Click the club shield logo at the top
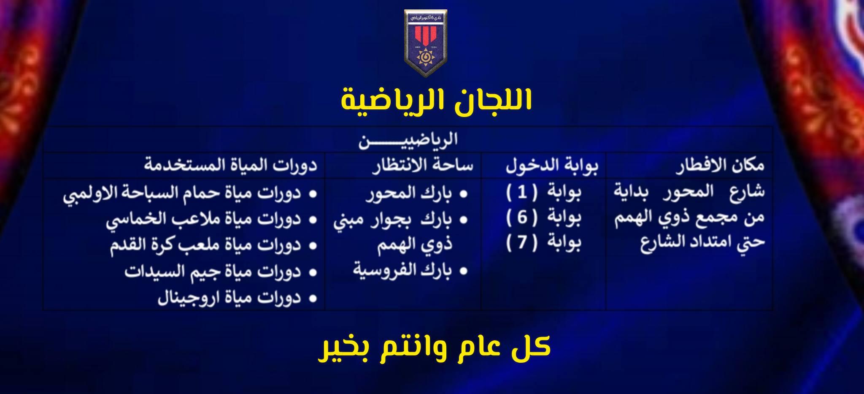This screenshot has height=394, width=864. [x=425, y=43]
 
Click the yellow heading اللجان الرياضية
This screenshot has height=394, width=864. [x=436, y=100]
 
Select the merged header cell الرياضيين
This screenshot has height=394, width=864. [x=408, y=140]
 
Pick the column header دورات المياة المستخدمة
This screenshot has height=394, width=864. [x=230, y=165]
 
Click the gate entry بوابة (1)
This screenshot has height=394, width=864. [x=543, y=193]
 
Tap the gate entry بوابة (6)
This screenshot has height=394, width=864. [x=543, y=217]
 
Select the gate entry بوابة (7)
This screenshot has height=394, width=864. [x=543, y=242]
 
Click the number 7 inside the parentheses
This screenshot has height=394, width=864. [x=522, y=242]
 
